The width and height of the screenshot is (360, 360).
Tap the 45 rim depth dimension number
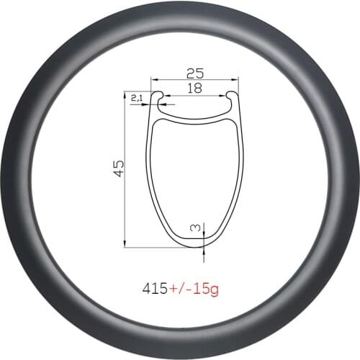coord(120,167)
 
